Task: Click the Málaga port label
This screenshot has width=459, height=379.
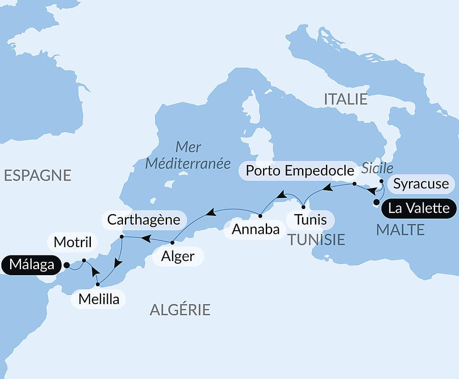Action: pos(31,265)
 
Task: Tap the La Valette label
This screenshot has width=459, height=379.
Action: pos(419,208)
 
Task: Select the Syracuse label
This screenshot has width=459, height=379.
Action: pos(421,184)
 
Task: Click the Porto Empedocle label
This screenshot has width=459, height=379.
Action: pos(300,170)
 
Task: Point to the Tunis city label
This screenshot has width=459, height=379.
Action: pos(311,220)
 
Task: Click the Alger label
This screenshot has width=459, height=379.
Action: pos(178,256)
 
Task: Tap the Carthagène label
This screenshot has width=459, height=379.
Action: pos(143,219)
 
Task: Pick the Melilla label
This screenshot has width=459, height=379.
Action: pos(99,299)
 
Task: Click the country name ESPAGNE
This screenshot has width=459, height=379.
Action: pos(38,175)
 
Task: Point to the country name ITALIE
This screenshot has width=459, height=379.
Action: pos(346,99)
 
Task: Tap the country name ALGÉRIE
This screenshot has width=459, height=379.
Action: pos(180,310)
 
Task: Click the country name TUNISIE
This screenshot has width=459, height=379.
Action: pos(316,239)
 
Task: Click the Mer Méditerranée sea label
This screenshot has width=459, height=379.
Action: pos(188,155)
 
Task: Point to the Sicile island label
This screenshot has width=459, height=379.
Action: pos(377,168)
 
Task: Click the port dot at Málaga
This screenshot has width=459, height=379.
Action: pos(67,265)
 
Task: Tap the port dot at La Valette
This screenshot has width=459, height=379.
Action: pos(376,202)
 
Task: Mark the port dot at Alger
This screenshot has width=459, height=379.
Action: pos(172,242)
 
